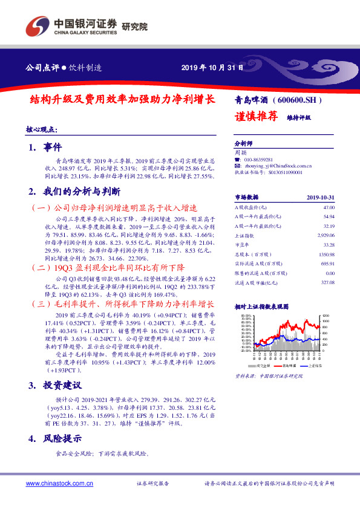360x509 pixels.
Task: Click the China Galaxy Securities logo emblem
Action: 37,27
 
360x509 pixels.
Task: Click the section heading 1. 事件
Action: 45,147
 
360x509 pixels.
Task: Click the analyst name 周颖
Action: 240,153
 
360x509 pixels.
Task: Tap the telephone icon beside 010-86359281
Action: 237,159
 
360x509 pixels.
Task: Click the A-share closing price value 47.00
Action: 329,207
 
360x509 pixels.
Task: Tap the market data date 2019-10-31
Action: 321,197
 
